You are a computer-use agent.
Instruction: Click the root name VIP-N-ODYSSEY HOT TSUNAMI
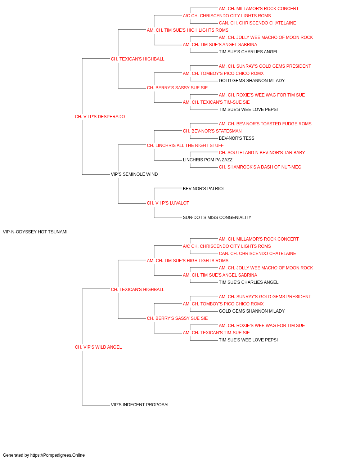coord(35,232)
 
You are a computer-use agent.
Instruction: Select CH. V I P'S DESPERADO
coord(100,117)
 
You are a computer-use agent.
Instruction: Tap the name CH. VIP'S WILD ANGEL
coord(98,347)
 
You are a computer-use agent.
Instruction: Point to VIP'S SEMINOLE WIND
coord(134,174)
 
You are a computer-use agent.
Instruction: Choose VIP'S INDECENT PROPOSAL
coord(140,405)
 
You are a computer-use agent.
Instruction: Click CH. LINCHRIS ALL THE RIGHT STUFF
coord(185,146)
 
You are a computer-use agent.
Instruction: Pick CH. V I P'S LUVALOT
coord(168,203)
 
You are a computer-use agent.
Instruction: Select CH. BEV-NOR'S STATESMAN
coord(212,131)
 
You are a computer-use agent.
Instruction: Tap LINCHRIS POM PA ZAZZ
coord(208,160)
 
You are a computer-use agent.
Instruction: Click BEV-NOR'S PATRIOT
coord(204,189)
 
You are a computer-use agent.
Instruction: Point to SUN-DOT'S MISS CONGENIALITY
coord(217,218)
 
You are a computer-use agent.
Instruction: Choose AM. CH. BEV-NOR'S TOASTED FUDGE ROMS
coord(265,124)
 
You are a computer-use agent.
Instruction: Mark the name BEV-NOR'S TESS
coord(237,138)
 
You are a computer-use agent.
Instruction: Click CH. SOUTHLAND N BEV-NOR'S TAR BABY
coord(262,153)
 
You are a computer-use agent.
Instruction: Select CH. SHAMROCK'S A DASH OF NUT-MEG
coord(260,167)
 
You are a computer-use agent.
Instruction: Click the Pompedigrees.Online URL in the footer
coord(58,455)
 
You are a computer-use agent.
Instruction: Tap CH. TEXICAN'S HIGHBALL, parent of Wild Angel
coord(138,290)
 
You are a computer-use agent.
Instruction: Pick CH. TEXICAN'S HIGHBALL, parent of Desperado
coord(138,59)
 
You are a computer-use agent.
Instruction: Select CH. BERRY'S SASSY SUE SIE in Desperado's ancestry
coord(177,88)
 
